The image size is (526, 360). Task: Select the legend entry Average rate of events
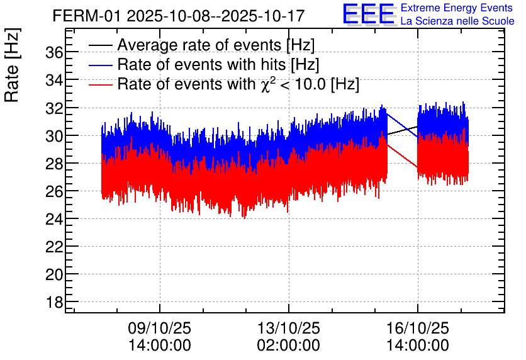216,45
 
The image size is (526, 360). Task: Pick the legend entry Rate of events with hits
218,65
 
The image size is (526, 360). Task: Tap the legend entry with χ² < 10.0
238,84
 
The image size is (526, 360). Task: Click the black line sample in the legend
100,46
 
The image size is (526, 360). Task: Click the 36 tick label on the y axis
55,53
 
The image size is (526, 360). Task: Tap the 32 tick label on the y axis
55,108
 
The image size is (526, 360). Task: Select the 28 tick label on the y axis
55,164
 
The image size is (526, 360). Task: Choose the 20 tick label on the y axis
55,274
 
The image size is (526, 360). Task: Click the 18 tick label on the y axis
55,302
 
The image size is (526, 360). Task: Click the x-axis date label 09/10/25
160,329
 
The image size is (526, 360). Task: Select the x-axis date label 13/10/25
289,329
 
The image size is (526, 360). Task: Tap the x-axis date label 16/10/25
418,329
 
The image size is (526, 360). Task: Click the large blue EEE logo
369,14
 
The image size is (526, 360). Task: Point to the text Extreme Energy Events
456,8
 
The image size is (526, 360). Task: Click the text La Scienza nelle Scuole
457,21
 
